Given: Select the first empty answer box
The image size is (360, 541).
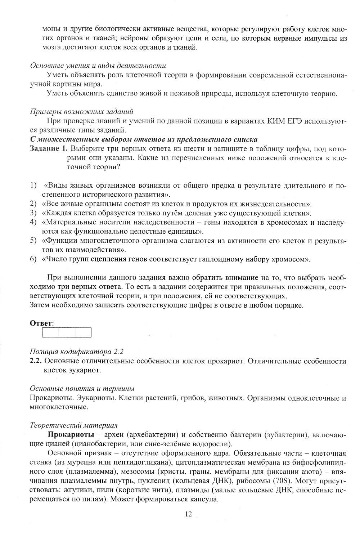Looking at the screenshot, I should pyautogui.click(x=50, y=332).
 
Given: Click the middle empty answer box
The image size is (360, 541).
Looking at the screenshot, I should pyautogui.click(x=67, y=332).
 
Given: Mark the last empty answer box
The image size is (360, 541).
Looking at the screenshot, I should pyautogui.click(x=83, y=332).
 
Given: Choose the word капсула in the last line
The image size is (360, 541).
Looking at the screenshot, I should pyautogui.click(x=204, y=499).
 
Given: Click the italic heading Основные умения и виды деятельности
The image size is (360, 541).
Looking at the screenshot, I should pyautogui.click(x=98, y=66).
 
